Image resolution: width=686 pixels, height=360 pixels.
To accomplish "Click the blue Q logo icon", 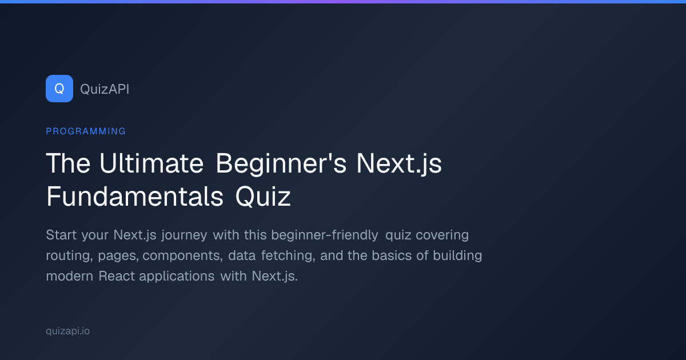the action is (x=59, y=89).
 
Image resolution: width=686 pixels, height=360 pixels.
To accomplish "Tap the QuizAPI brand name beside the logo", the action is (x=105, y=89).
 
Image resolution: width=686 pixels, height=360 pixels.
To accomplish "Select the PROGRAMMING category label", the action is (x=86, y=131).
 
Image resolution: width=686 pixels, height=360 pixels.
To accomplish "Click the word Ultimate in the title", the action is (x=151, y=163).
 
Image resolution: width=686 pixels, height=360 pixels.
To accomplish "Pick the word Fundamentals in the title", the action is (x=135, y=196).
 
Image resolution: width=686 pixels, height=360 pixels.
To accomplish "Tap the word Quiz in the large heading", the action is (x=263, y=197).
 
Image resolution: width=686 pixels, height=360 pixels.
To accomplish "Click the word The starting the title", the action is (x=68, y=163).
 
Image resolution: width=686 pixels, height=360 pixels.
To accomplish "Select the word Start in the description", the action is (x=61, y=235).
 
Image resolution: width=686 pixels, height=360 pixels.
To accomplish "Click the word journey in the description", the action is (x=184, y=235).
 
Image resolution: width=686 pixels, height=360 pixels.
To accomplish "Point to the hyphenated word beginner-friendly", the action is (x=325, y=235).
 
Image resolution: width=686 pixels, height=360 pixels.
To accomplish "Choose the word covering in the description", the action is (x=442, y=235).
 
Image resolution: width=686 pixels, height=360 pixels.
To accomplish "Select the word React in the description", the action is (x=117, y=276).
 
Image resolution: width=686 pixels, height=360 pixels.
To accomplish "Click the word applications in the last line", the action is (x=177, y=277).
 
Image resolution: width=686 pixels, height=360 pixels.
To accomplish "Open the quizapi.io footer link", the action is (x=67, y=331).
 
